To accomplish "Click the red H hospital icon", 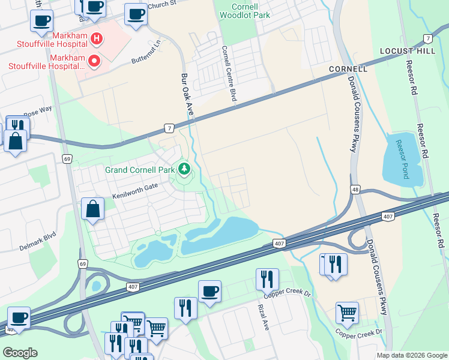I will tap(96, 40).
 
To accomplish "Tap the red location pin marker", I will tap(94, 61).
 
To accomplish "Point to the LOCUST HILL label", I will tap(408, 52).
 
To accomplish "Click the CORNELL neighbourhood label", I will tap(348, 69).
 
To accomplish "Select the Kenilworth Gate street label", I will tap(134, 187).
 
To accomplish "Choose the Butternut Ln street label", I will tap(147, 53).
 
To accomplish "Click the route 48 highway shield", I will tap(356, 190).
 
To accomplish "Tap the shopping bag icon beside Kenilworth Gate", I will tap(93, 209).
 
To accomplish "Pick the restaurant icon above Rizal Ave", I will tap(267, 278).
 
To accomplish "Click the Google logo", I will tap(20, 353).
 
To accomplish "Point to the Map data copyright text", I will tap(411, 355).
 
